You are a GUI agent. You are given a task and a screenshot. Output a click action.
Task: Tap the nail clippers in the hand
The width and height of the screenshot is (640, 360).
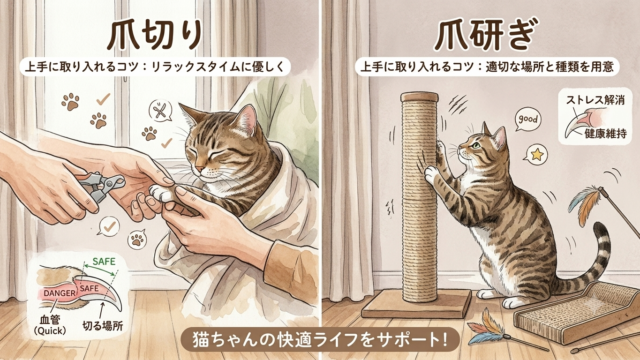(102, 186)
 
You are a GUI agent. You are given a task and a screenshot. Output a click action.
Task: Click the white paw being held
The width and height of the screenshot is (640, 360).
(161, 193)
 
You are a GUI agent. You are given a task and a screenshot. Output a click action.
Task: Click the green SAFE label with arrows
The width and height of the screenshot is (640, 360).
(101, 264)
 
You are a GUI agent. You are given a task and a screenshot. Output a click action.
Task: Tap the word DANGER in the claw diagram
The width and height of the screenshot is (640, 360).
(60, 293)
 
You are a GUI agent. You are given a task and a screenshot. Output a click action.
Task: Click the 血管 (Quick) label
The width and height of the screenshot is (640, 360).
(50, 324)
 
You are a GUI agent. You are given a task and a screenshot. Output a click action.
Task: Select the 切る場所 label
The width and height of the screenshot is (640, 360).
(103, 325)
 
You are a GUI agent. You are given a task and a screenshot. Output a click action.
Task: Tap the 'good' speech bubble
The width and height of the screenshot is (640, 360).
(528, 120)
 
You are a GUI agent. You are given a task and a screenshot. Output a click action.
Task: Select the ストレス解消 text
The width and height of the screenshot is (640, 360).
(595, 100)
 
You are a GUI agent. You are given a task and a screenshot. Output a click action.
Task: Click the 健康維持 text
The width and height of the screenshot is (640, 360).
(606, 133)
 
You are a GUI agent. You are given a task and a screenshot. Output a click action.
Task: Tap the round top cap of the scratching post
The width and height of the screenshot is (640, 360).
(419, 97)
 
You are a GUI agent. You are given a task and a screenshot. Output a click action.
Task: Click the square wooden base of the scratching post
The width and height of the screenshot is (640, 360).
(416, 304)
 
